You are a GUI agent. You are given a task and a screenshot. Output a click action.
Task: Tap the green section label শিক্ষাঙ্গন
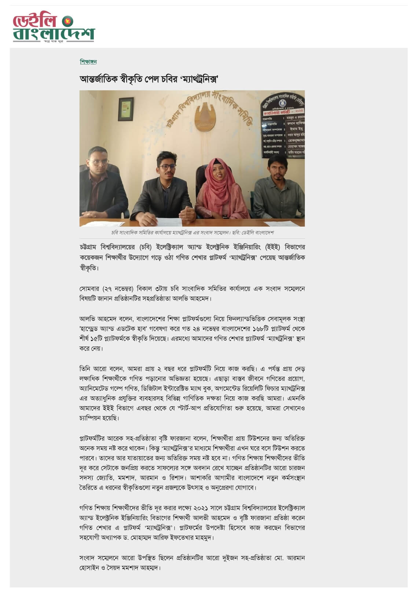(x=88, y=62)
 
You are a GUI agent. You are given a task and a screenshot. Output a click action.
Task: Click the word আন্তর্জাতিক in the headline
(x=98, y=79)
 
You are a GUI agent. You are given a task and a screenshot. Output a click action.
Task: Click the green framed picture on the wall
(x=125, y=108)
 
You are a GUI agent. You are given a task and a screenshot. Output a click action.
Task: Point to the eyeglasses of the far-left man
(x=99, y=162)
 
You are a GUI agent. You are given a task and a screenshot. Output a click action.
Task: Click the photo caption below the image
(x=192, y=233)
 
